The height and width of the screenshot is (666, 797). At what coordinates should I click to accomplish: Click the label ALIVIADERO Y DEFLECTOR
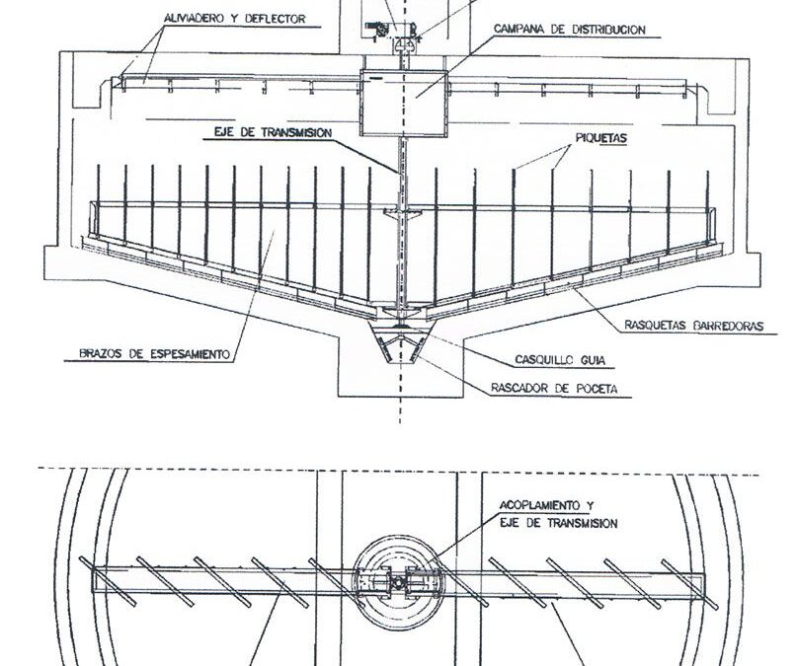[x=235, y=19]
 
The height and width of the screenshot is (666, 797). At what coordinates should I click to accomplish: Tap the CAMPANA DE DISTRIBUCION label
[x=570, y=30]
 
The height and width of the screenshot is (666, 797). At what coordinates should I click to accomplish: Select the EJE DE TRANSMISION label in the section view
[x=273, y=132]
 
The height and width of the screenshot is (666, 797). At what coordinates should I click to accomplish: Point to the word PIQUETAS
[x=600, y=138]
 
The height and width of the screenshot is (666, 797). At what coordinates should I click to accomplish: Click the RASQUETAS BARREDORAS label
[x=694, y=326]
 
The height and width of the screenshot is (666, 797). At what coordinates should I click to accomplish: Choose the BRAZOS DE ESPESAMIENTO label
[x=154, y=353]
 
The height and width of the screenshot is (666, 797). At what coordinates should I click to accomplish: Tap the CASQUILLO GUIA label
[x=560, y=360]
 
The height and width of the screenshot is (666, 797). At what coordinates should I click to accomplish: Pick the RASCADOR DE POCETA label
[x=554, y=389]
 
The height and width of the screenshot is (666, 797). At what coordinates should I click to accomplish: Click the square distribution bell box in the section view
[x=404, y=103]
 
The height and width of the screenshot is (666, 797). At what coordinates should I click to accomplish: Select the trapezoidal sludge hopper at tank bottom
[x=402, y=345]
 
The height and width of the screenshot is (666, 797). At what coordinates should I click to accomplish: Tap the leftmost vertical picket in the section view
[x=99, y=202]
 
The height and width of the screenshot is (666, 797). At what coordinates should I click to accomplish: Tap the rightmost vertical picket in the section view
[x=707, y=207]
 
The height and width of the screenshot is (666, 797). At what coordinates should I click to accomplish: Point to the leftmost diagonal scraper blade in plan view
[x=108, y=582]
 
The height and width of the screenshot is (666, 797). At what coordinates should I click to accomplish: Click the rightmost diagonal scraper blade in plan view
[x=689, y=584]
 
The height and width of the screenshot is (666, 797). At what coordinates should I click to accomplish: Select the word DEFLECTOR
[x=275, y=19]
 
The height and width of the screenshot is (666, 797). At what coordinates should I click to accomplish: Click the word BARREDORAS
[x=729, y=326]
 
